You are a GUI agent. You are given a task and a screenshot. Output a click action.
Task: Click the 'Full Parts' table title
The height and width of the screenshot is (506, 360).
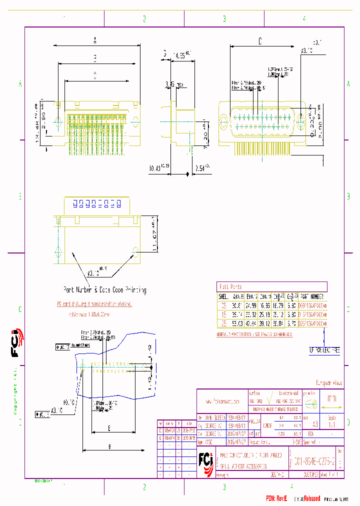(x=230, y=286)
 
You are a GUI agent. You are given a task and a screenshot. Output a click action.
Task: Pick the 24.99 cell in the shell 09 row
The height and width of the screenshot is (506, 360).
(x=250, y=305)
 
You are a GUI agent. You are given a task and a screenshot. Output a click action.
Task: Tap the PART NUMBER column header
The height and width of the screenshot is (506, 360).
(x=313, y=296)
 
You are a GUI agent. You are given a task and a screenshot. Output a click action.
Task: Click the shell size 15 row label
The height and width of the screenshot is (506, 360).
(x=223, y=314)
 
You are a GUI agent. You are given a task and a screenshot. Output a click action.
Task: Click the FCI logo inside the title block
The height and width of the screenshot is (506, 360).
(x=205, y=458)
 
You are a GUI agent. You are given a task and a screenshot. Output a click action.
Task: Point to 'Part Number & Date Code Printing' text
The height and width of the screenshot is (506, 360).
(x=104, y=290)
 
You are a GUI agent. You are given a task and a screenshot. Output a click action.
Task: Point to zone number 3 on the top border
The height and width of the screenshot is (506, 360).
(x=224, y=19)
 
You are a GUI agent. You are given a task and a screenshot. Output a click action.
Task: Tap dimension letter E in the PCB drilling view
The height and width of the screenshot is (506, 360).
(x=108, y=427)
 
